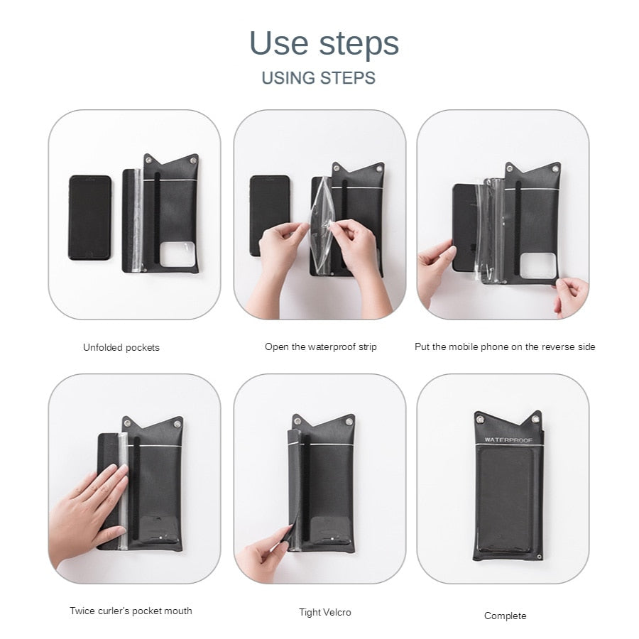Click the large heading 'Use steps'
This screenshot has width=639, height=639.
point(324,43)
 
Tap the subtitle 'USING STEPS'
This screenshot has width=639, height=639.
point(318,78)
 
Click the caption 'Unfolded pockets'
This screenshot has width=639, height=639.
point(121,347)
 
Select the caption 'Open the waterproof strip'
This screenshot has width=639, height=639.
point(321,346)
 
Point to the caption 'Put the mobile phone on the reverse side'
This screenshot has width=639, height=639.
point(505,346)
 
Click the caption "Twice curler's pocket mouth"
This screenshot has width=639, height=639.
point(131,611)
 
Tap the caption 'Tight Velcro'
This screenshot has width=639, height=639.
point(324,612)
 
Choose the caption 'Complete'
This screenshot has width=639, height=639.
point(505,616)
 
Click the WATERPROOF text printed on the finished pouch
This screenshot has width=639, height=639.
point(508,440)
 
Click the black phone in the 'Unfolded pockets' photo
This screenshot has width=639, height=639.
point(89,218)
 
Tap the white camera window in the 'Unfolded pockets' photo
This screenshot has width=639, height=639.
point(177,254)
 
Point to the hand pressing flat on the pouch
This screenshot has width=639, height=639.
point(89,514)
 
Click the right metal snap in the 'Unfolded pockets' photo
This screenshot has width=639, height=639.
point(192,161)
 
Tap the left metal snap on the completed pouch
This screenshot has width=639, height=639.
point(481,419)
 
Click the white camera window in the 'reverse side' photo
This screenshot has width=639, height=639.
point(538,266)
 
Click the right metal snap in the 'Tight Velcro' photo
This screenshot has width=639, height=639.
point(349,422)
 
